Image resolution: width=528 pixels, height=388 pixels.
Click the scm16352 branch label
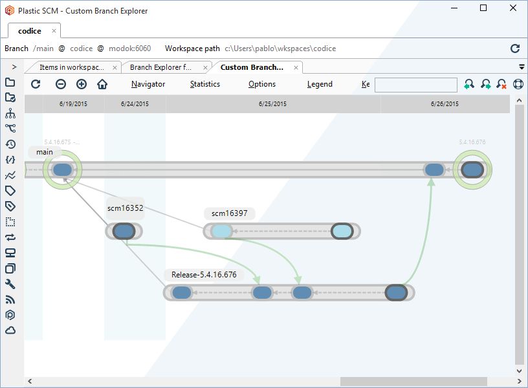(x=125, y=208)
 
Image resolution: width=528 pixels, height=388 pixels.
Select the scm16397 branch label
(x=229, y=213)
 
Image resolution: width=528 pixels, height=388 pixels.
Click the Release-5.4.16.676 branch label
(x=204, y=275)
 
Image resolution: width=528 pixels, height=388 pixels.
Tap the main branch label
(x=45, y=152)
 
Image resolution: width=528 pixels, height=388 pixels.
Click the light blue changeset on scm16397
(x=221, y=231)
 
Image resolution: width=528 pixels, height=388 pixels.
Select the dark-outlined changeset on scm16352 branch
(x=123, y=231)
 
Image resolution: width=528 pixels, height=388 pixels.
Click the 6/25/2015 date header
(x=272, y=104)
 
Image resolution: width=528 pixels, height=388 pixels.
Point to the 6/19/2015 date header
(x=72, y=104)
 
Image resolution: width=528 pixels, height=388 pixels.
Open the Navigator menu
(x=148, y=84)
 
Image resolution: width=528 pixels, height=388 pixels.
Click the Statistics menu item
(x=204, y=84)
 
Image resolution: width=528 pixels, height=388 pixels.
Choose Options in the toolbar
(x=262, y=84)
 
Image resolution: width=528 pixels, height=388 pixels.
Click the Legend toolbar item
(x=320, y=84)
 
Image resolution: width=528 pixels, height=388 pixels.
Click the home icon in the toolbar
(x=102, y=84)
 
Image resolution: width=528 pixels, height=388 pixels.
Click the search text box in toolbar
(x=415, y=85)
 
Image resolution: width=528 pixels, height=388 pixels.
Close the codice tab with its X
(x=54, y=30)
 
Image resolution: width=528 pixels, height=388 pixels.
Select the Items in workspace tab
(x=71, y=67)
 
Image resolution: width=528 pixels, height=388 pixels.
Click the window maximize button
(x=483, y=8)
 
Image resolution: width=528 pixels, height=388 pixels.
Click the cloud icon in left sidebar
(x=10, y=330)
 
